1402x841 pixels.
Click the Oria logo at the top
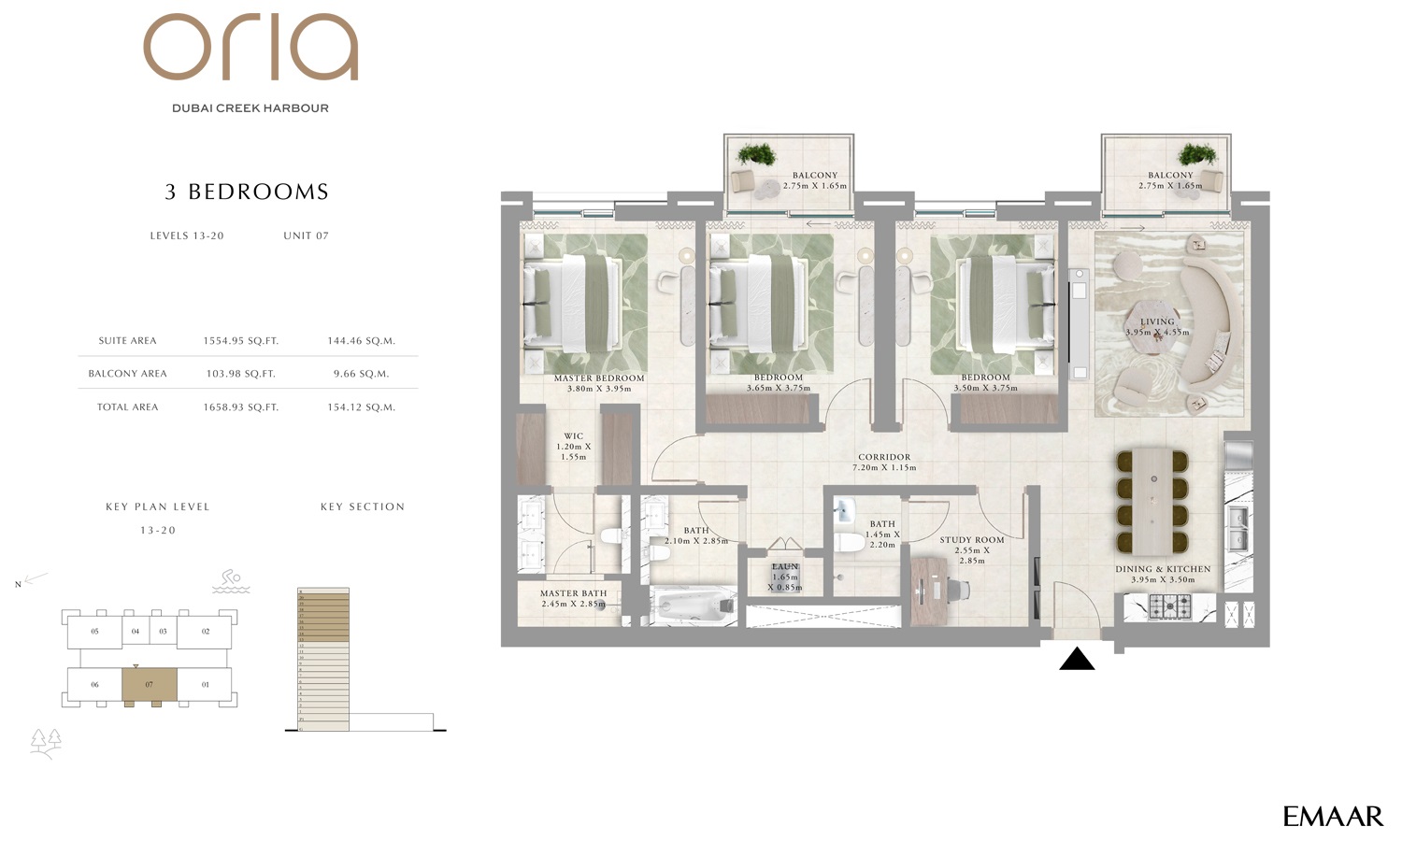click(x=250, y=48)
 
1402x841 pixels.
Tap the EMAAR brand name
click(x=1333, y=817)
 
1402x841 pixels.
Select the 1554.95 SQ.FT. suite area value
click(x=240, y=341)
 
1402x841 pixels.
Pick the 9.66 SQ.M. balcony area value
click(x=361, y=374)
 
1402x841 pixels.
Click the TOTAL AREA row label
click(x=128, y=407)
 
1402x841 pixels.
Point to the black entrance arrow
click(x=1077, y=660)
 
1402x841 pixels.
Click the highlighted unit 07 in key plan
click(x=149, y=685)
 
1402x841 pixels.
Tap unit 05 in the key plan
click(x=94, y=632)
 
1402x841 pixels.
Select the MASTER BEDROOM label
click(x=599, y=378)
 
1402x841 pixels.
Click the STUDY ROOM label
click(x=972, y=540)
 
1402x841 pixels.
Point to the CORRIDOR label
click(x=884, y=458)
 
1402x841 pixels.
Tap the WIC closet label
click(x=573, y=436)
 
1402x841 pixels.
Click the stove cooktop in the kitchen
click(x=1169, y=607)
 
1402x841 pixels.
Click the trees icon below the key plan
click(x=45, y=742)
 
